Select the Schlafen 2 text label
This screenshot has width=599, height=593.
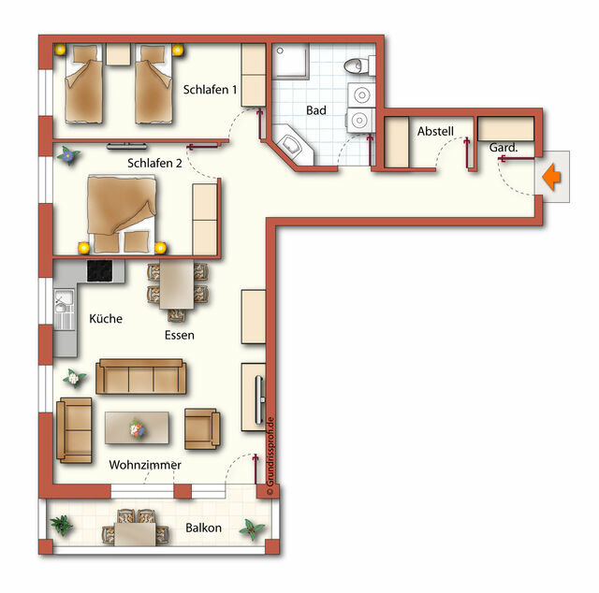pos(154,163)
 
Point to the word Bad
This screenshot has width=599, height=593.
pos(316,110)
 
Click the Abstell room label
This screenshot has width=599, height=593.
pos(435,130)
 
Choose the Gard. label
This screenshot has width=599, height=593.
pos(504,148)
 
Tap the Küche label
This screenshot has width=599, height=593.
pos(106,319)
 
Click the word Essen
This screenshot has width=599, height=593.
pos(179,335)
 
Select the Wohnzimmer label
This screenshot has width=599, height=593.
pos(145,464)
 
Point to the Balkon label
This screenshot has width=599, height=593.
pos(203,528)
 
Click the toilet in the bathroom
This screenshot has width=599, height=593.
pos(355,65)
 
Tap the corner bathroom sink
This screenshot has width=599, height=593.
pos(290,145)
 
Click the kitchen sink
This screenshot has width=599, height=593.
pos(64,310)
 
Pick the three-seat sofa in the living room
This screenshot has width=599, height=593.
pos(142,376)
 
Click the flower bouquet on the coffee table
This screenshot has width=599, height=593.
pos(137,429)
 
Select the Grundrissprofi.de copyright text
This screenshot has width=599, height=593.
pos(269,456)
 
